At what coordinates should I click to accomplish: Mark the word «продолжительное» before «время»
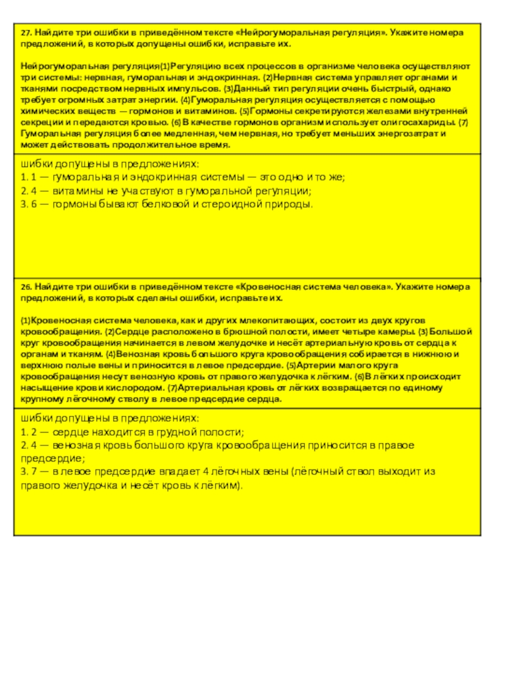point(163,145)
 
